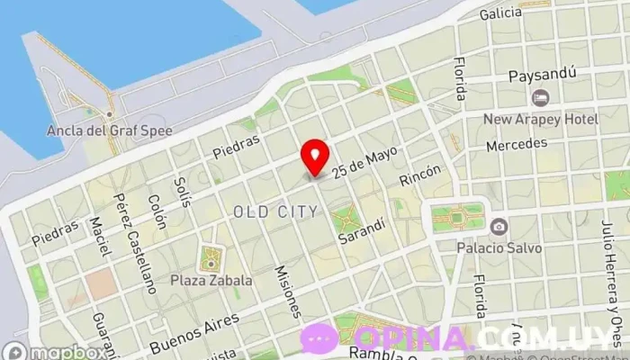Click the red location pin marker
[x=315, y=157]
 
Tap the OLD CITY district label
[x=274, y=211]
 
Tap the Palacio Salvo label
[x=499, y=247]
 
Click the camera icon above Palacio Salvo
[x=499, y=226]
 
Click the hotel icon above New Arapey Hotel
[x=540, y=97]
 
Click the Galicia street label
[x=500, y=13]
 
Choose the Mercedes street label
[x=516, y=144]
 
